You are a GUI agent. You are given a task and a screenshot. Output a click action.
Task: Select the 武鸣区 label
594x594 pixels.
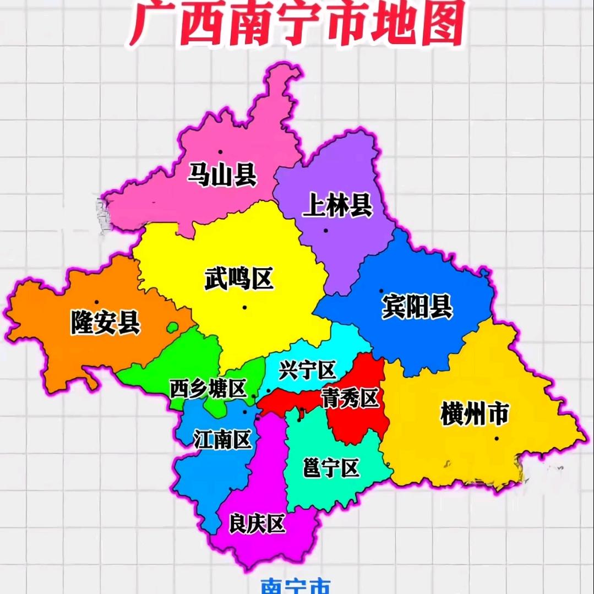(239, 279)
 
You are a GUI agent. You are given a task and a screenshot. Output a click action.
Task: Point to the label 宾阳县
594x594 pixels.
(417, 306)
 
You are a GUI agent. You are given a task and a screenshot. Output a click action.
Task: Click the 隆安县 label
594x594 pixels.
(105, 322)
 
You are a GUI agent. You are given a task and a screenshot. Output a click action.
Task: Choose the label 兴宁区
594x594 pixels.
(307, 370)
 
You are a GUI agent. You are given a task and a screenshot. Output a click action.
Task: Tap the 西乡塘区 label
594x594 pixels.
(208, 389)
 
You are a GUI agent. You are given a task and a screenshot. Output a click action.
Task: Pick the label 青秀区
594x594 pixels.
(351, 399)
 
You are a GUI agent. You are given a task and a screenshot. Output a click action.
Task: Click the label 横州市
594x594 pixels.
(474, 414)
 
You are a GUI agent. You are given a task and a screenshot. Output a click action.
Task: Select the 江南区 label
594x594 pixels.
(222, 439)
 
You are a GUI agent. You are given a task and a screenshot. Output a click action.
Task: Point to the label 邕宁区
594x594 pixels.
(331, 468)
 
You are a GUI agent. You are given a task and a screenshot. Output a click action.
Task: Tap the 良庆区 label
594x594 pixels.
(257, 524)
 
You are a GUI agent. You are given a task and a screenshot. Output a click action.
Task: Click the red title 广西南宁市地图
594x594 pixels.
(297, 23)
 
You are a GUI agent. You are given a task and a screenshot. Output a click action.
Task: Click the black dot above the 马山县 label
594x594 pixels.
(220, 151)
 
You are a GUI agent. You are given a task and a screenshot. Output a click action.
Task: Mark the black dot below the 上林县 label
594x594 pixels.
(326, 230)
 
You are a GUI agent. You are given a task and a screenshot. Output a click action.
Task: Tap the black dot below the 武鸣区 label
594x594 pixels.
(244, 307)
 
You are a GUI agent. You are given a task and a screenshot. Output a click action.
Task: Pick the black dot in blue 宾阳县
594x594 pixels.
(381, 290)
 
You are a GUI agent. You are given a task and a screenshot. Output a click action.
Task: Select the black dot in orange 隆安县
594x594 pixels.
(96, 302)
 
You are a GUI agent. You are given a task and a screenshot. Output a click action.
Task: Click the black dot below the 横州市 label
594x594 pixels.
(497, 438)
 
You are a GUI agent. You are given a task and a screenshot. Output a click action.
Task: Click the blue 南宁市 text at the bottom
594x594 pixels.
(296, 587)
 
